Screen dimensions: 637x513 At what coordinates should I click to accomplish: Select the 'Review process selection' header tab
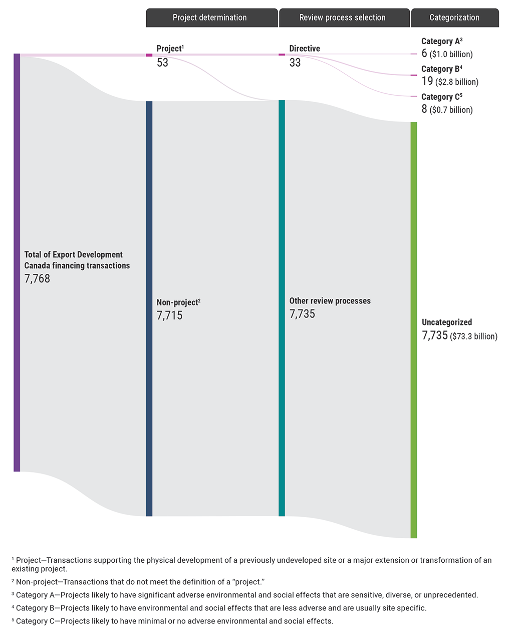[x=344, y=18]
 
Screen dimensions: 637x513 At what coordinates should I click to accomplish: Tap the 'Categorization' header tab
[x=454, y=18]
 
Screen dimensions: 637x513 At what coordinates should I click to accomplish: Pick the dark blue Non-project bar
[x=149, y=308]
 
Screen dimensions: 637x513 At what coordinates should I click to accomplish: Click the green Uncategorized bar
[x=414, y=330]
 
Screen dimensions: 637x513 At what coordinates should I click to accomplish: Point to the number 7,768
[x=37, y=279]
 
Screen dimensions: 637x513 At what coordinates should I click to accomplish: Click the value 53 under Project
[x=162, y=63]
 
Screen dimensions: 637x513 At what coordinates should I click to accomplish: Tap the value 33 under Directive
[x=295, y=63]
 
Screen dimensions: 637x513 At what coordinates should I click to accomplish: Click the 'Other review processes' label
[x=330, y=301]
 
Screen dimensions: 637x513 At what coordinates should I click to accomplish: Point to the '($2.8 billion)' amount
[x=457, y=82]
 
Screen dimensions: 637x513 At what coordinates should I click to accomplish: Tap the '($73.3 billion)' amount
[x=473, y=336]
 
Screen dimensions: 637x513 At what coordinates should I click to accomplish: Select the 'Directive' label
[x=305, y=49]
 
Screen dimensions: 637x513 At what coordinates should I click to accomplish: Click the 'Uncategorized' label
[x=447, y=323]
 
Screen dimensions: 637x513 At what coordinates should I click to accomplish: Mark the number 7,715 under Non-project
[x=169, y=315]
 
